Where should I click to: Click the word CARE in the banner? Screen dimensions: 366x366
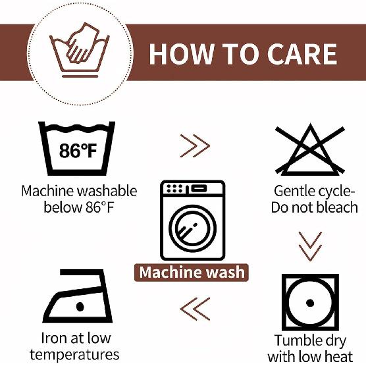click(x=302, y=54)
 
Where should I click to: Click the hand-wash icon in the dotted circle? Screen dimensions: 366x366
click(x=80, y=50)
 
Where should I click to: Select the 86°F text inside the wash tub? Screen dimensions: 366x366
click(x=78, y=151)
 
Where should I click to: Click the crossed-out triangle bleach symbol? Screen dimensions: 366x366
click(x=310, y=149)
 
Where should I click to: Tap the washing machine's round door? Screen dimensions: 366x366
click(x=192, y=228)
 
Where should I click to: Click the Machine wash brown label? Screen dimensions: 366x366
click(x=192, y=273)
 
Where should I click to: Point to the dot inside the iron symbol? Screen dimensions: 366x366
click(x=80, y=307)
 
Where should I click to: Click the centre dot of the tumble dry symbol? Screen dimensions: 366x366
click(x=310, y=303)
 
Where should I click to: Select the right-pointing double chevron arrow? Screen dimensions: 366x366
click(x=195, y=146)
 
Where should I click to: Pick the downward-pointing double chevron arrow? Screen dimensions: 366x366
click(x=310, y=246)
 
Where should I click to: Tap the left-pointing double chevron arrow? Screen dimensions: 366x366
click(x=195, y=309)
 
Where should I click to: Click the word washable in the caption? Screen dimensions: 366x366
click(x=107, y=191)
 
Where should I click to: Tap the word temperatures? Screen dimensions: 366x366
click(x=74, y=355)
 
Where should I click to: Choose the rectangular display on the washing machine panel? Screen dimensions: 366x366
click(x=199, y=188)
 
